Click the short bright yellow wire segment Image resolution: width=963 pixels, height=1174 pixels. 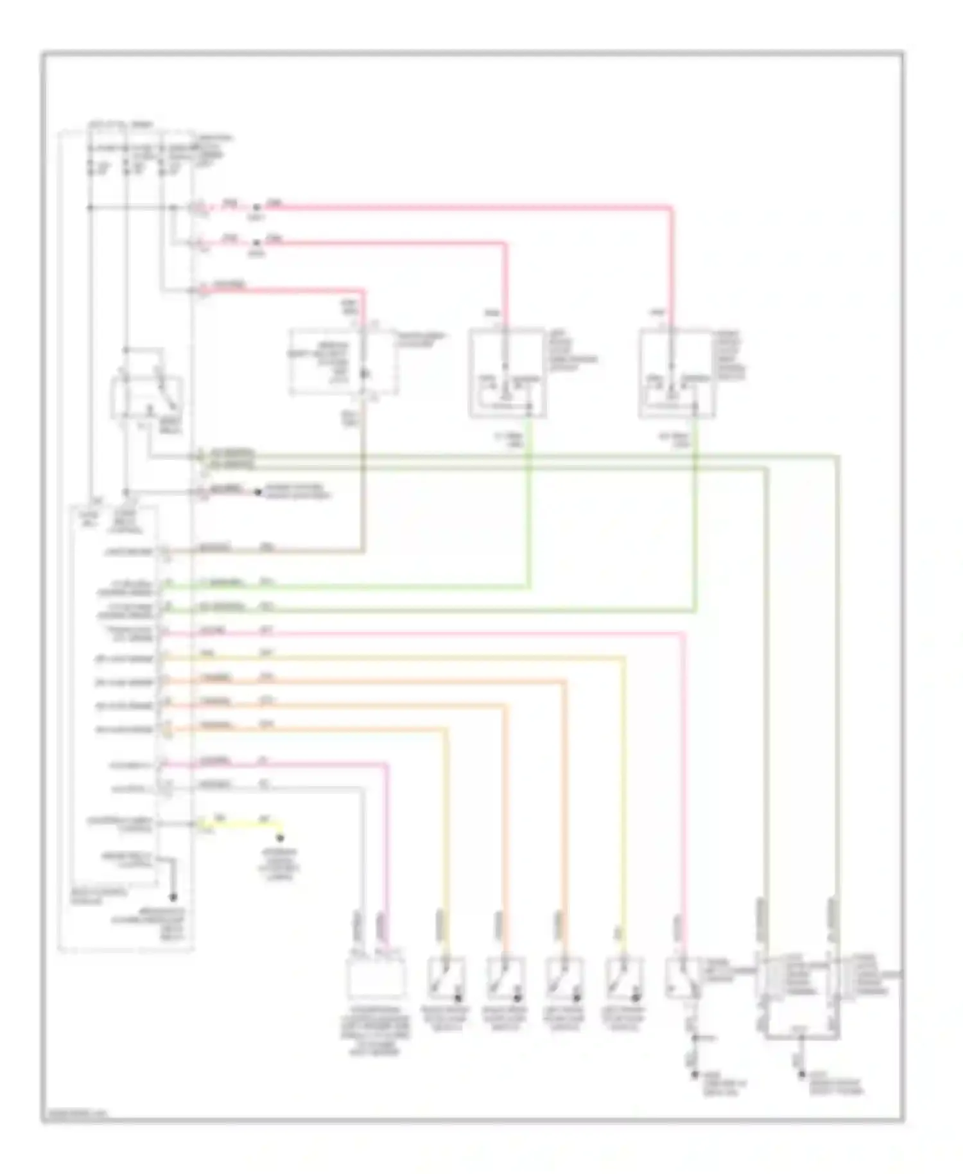(x=241, y=823)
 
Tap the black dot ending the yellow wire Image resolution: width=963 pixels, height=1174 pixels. (x=280, y=837)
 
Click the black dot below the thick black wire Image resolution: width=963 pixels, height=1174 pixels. (x=172, y=897)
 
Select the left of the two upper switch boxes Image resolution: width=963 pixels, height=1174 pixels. (x=507, y=373)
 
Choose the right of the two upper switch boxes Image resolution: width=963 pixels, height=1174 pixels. (x=677, y=373)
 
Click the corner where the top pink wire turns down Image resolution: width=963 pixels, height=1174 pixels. (x=672, y=207)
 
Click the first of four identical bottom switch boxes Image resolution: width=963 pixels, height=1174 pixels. (x=446, y=977)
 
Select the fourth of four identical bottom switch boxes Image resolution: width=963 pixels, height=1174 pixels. (x=623, y=977)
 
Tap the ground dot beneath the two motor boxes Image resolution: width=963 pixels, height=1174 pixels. (x=801, y=1074)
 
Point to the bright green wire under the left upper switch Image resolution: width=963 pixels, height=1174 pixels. (x=529, y=501)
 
